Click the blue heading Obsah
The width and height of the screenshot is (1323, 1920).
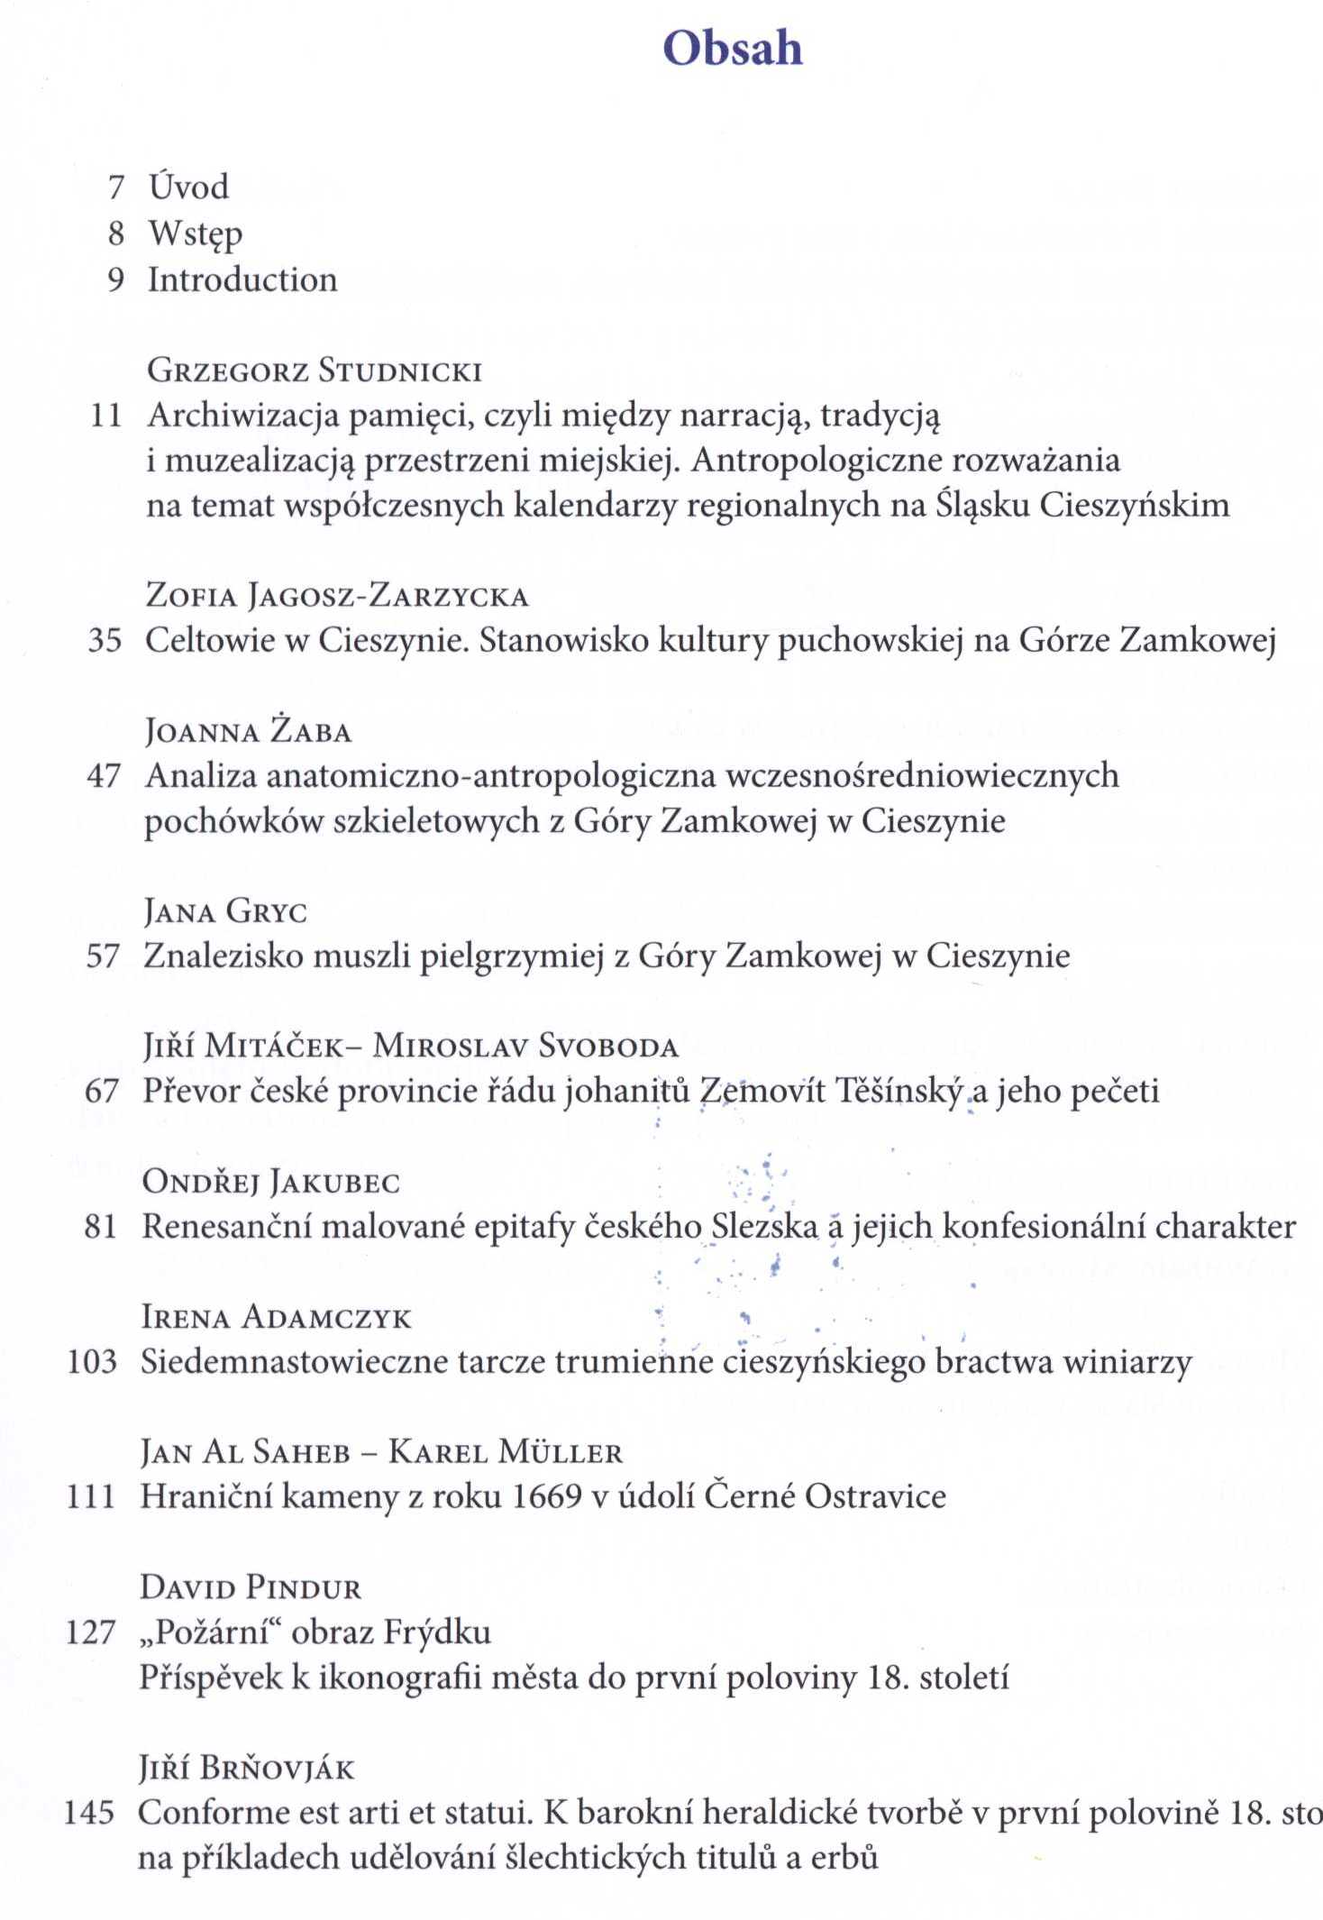click(x=732, y=48)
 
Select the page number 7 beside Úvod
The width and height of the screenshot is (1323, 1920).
click(x=115, y=187)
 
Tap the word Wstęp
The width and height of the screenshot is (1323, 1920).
click(x=196, y=234)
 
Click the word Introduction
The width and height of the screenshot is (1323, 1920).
click(x=242, y=279)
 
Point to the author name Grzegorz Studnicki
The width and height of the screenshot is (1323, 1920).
click(x=315, y=370)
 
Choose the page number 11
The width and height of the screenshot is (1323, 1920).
click(x=105, y=416)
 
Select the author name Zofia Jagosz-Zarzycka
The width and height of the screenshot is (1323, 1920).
click(x=337, y=596)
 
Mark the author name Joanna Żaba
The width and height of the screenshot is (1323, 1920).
click(x=248, y=731)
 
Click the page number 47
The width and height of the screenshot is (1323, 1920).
click(x=103, y=776)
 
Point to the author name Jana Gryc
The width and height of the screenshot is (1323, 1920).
click(x=225, y=911)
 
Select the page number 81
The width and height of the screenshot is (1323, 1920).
click(x=100, y=1227)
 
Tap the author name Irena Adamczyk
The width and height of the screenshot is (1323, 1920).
click(x=276, y=1318)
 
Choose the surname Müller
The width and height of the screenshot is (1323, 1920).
click(x=561, y=1452)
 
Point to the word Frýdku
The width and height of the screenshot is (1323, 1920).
click(x=437, y=1632)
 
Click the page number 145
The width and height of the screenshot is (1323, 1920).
click(x=89, y=1813)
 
